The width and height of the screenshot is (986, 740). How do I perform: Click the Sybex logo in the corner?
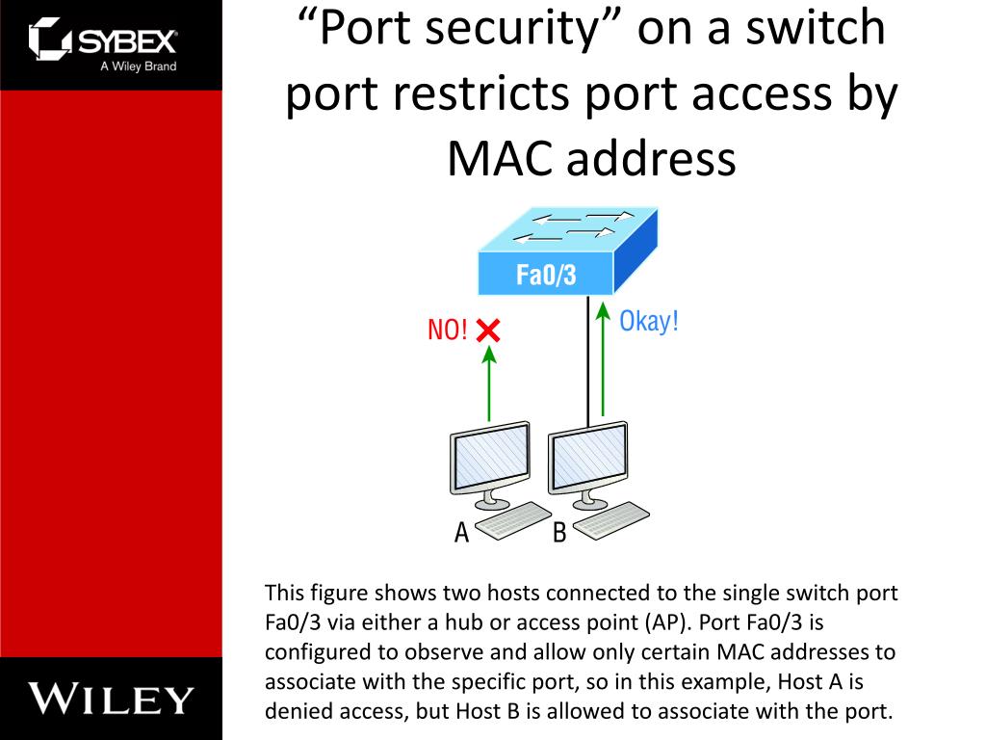[103, 43]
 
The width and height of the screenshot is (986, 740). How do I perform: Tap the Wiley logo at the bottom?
[111, 698]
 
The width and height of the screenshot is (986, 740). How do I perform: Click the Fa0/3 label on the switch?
[546, 276]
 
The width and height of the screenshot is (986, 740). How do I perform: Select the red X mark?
[488, 330]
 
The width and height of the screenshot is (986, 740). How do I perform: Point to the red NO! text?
[447, 330]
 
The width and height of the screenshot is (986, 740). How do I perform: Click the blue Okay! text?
[648, 321]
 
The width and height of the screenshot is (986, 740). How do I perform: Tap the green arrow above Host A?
[489, 383]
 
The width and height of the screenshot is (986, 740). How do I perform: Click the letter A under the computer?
[461, 532]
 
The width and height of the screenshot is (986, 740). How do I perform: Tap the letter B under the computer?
[558, 532]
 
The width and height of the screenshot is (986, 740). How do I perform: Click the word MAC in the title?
[499, 160]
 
